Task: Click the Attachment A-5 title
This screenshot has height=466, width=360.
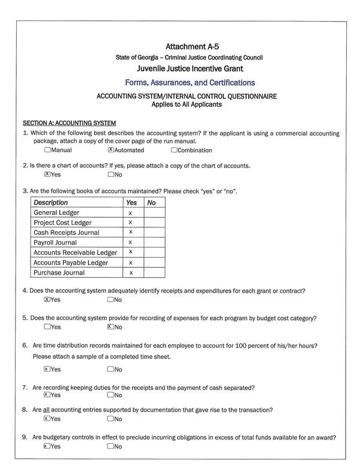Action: pyautogui.click(x=190, y=46)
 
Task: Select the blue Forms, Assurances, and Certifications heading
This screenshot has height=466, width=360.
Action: pyautogui.click(x=190, y=82)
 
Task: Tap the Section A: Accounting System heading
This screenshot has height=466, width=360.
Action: pyautogui.click(x=69, y=122)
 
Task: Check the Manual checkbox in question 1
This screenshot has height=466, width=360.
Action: pyautogui.click(x=47, y=150)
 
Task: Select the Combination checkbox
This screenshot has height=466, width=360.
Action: pyautogui.click(x=174, y=150)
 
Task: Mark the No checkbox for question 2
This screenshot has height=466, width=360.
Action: pyautogui.click(x=110, y=175)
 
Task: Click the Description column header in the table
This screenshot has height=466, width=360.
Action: pyautogui.click(x=51, y=203)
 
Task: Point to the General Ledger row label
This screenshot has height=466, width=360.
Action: pyautogui.click(x=56, y=213)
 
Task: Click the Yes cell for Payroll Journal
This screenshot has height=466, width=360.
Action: pyautogui.click(x=130, y=243)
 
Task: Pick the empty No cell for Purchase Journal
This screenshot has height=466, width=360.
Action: pyautogui.click(x=154, y=273)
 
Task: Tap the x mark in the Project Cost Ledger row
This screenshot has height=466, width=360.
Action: pyautogui.click(x=130, y=223)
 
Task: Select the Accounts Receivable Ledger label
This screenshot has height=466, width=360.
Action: pyautogui.click(x=75, y=252)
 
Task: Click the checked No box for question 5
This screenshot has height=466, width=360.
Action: pyautogui.click(x=110, y=327)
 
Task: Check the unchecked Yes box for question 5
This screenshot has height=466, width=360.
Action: pyautogui.click(x=47, y=327)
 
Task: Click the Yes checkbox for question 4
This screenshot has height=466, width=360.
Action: pyautogui.click(x=47, y=299)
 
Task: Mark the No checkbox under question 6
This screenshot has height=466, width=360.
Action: pyautogui.click(x=110, y=369)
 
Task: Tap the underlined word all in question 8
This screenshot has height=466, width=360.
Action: pyautogui.click(x=46, y=410)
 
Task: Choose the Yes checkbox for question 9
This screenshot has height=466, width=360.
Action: pyautogui.click(x=47, y=446)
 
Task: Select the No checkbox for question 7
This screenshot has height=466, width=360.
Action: pyautogui.click(x=110, y=395)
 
